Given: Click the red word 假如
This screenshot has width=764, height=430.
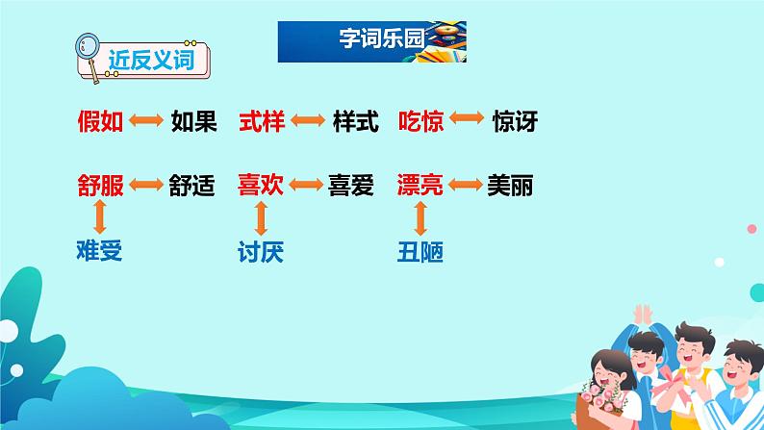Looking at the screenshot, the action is pos(100,121).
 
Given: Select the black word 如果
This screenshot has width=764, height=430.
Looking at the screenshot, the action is pos(194,121).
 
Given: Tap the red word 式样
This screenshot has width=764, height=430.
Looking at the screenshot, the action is pos(262,121).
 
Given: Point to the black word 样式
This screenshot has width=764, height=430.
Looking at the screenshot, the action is pos(356,121).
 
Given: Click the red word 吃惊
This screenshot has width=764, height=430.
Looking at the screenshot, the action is pos(421,121).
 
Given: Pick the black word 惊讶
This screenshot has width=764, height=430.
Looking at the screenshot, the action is pos(515,121).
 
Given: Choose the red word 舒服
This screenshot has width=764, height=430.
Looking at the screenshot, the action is pos(100,186).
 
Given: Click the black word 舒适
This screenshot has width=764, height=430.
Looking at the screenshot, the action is pos(192,186).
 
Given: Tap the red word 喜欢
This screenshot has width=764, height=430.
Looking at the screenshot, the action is pos(261,185).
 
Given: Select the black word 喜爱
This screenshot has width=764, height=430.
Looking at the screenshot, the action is pos(351,186).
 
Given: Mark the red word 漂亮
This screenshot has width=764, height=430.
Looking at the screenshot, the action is pos(420,185).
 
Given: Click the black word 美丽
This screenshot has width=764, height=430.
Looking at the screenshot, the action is pos(510,186).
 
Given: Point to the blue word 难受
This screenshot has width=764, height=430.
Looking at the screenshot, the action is pos(99,251).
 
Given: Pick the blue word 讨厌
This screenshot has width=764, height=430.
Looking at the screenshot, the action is pos(261,252).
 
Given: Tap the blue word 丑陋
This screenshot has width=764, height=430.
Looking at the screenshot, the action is pos(420,252).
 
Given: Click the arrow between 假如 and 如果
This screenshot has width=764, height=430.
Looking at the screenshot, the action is pos(146,120).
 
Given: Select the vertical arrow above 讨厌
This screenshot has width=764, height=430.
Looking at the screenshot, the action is pos(261,218).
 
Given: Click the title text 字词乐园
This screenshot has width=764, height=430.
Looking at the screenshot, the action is pos(382,38).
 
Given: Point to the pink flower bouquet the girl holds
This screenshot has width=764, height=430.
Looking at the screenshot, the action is pos(602,397).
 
